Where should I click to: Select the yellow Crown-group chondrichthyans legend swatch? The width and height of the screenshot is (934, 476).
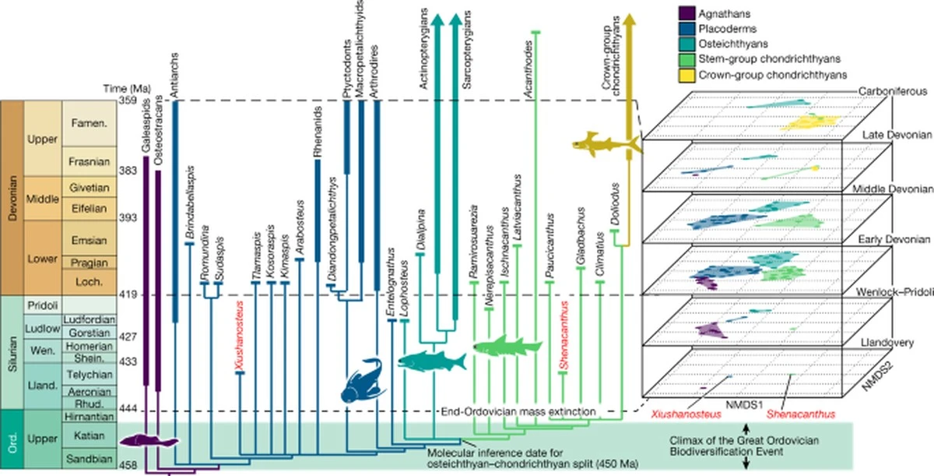point(686,76)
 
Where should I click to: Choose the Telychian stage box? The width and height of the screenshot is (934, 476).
point(90,374)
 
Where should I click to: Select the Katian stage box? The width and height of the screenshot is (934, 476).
point(90,436)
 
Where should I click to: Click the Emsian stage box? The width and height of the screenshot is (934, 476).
point(90,241)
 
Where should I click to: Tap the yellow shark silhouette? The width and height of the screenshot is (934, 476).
point(606,143)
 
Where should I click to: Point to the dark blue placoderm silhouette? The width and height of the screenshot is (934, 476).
point(363,381)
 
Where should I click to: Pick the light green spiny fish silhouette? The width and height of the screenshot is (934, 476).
point(507,346)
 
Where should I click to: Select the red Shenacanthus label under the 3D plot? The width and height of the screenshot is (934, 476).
point(801,414)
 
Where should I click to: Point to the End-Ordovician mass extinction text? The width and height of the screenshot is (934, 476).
point(518,411)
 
